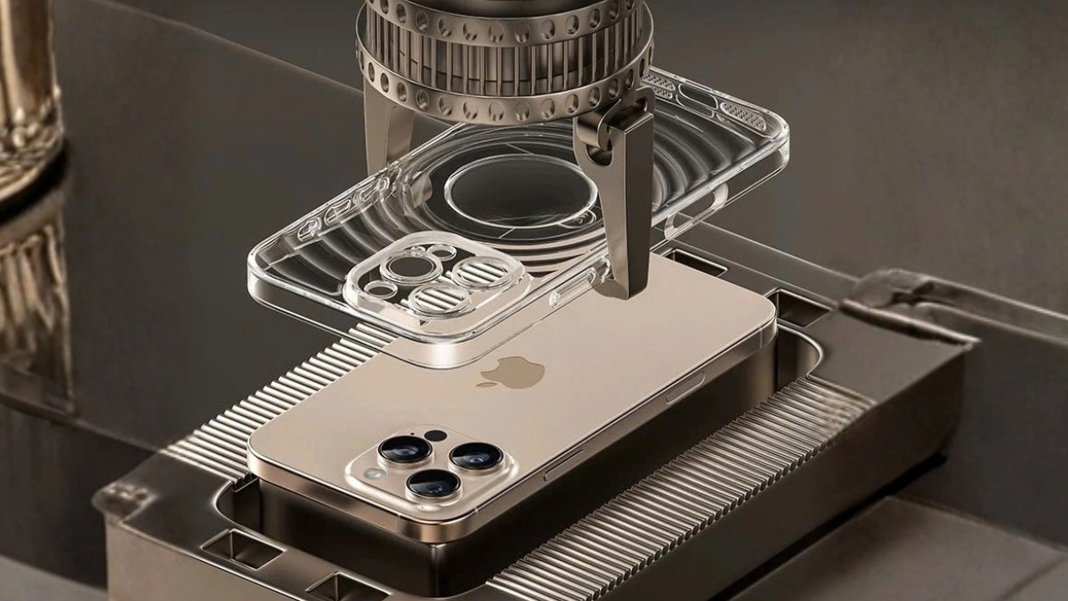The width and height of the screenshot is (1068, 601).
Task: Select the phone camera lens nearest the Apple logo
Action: (x=475, y=455)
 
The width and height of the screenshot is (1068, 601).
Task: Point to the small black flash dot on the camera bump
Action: (x=435, y=435)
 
